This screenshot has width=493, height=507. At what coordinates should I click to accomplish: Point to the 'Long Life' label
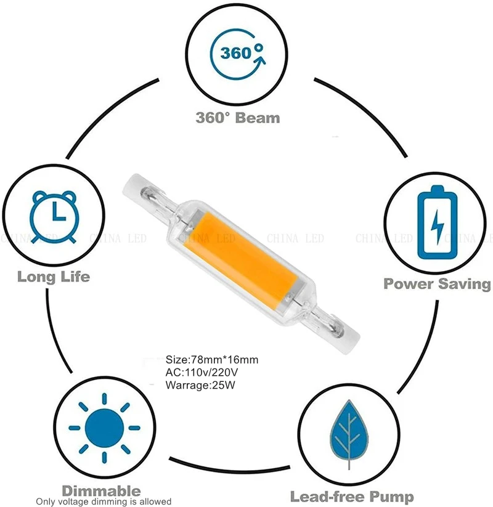(54, 276)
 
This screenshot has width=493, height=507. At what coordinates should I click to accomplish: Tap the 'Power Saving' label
(438, 283)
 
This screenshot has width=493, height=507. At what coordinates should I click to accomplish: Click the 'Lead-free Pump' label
(352, 497)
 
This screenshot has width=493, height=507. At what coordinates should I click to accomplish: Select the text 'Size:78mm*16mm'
(212, 359)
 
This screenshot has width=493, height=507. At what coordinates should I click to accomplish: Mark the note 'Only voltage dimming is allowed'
(104, 501)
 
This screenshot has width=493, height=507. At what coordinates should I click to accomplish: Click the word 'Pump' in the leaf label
(392, 497)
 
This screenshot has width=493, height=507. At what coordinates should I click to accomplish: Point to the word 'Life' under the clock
(74, 276)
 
